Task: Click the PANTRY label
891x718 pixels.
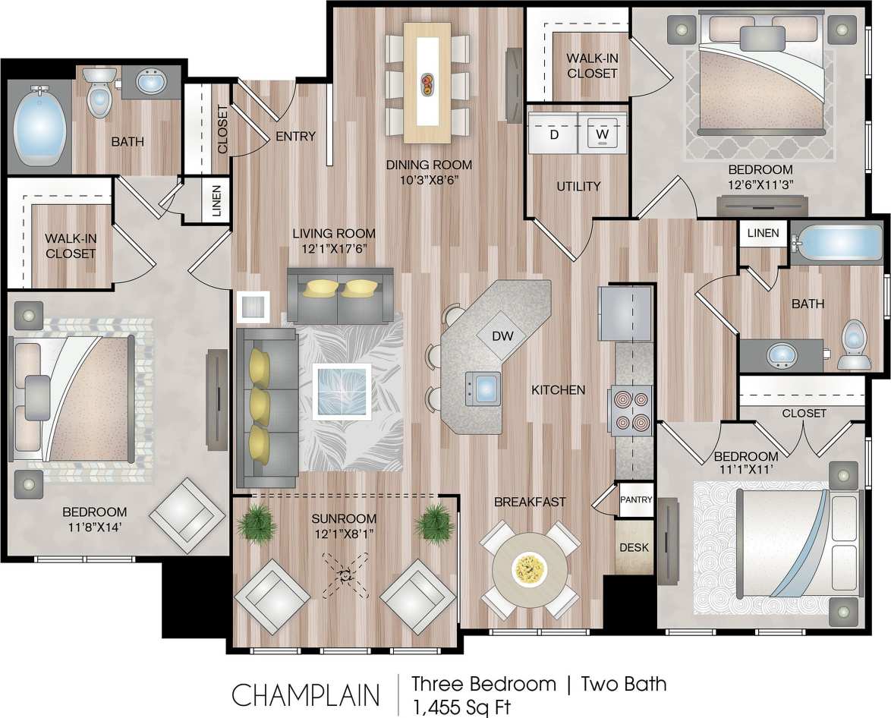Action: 636,499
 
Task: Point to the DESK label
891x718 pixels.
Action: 634,546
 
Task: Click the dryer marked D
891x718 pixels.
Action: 553,134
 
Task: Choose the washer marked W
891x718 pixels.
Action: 602,134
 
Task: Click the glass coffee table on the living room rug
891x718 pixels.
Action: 343,391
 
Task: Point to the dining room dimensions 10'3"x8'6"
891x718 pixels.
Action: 429,180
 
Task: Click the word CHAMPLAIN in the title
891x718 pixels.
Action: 306,695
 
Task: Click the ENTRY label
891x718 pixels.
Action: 295,136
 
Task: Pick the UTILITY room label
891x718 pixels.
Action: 578,186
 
